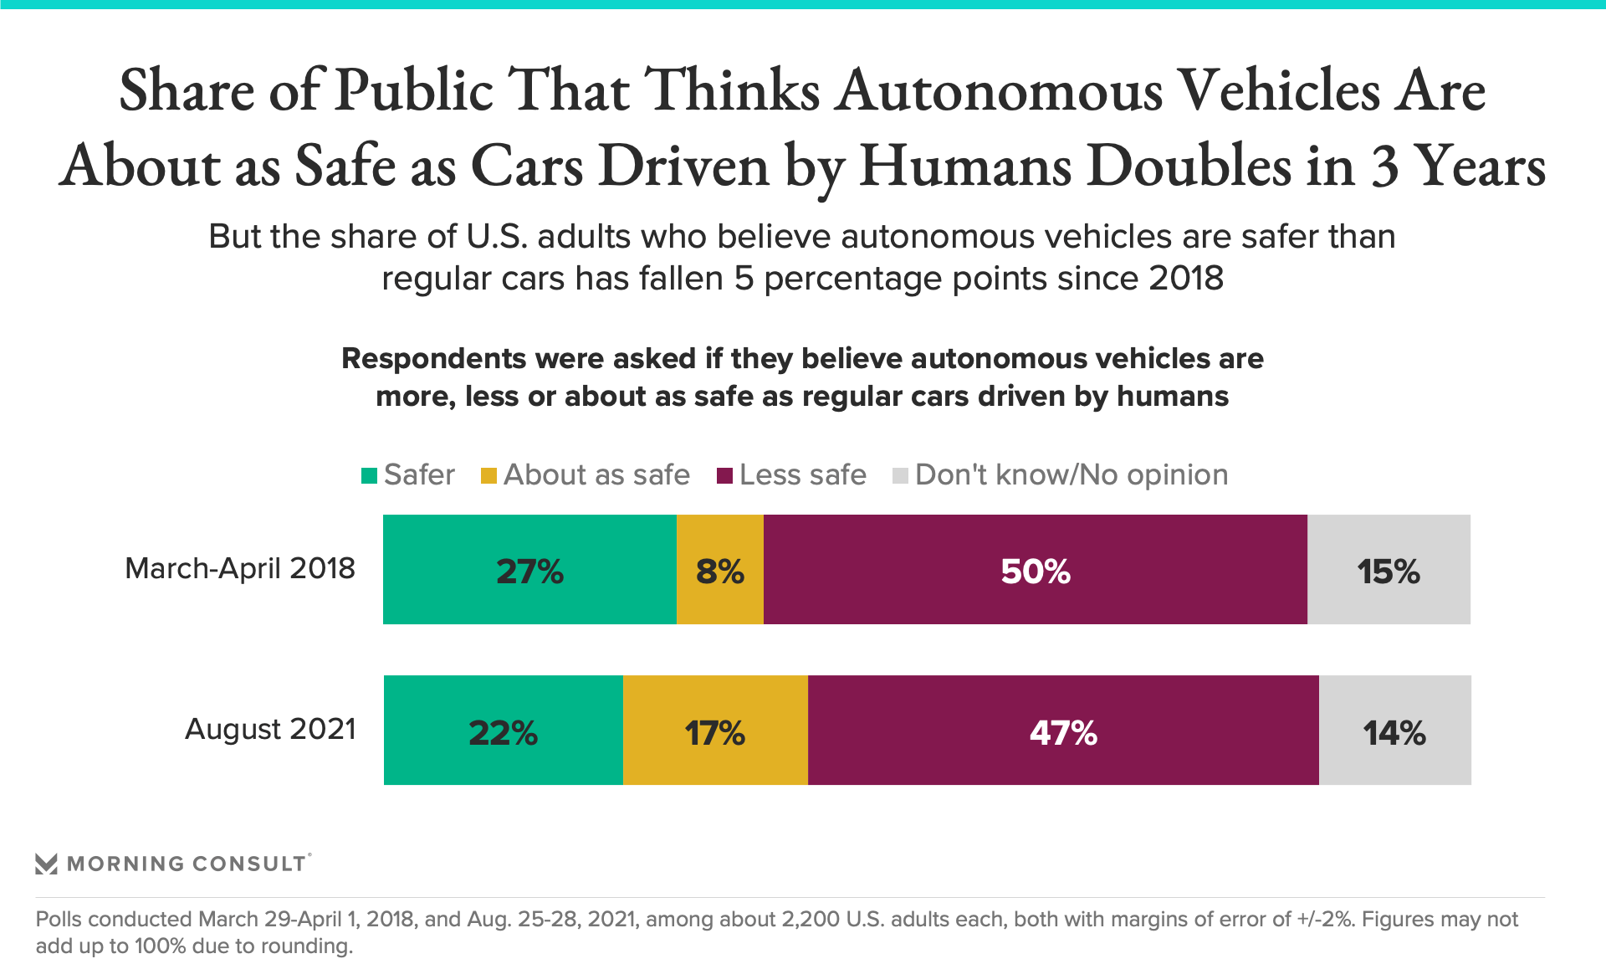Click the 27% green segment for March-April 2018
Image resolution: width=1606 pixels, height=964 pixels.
coord(529,570)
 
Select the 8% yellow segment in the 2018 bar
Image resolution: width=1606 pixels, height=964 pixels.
coord(719,570)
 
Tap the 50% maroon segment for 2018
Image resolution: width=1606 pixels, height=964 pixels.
coord(1035,570)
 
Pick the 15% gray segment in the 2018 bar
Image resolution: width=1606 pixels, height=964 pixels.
coord(1389,570)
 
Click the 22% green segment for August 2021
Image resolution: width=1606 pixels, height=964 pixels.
coord(503,731)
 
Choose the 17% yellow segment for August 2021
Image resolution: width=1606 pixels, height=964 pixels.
coord(715,731)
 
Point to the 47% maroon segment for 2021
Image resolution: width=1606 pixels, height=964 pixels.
coord(1063,731)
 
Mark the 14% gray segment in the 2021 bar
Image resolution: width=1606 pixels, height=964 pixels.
coord(1394,731)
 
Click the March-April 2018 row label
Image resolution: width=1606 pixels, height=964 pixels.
coord(240,569)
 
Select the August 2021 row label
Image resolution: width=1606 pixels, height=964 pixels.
coord(270,730)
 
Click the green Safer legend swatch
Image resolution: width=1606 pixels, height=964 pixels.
coord(369,476)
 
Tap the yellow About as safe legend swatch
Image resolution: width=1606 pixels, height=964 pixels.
coord(488,476)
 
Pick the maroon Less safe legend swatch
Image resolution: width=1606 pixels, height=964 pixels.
coord(725,476)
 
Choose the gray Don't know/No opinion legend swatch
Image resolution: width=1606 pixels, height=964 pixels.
coord(901,476)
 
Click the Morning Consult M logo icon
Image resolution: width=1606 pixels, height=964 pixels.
coord(47,864)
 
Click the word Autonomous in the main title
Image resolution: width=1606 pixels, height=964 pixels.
coord(1000,90)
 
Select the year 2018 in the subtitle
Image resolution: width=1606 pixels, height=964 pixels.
coord(1186,279)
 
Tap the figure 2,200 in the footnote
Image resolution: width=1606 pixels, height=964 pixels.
coord(811,920)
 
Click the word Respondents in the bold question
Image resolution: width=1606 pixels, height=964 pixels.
coord(434,359)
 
